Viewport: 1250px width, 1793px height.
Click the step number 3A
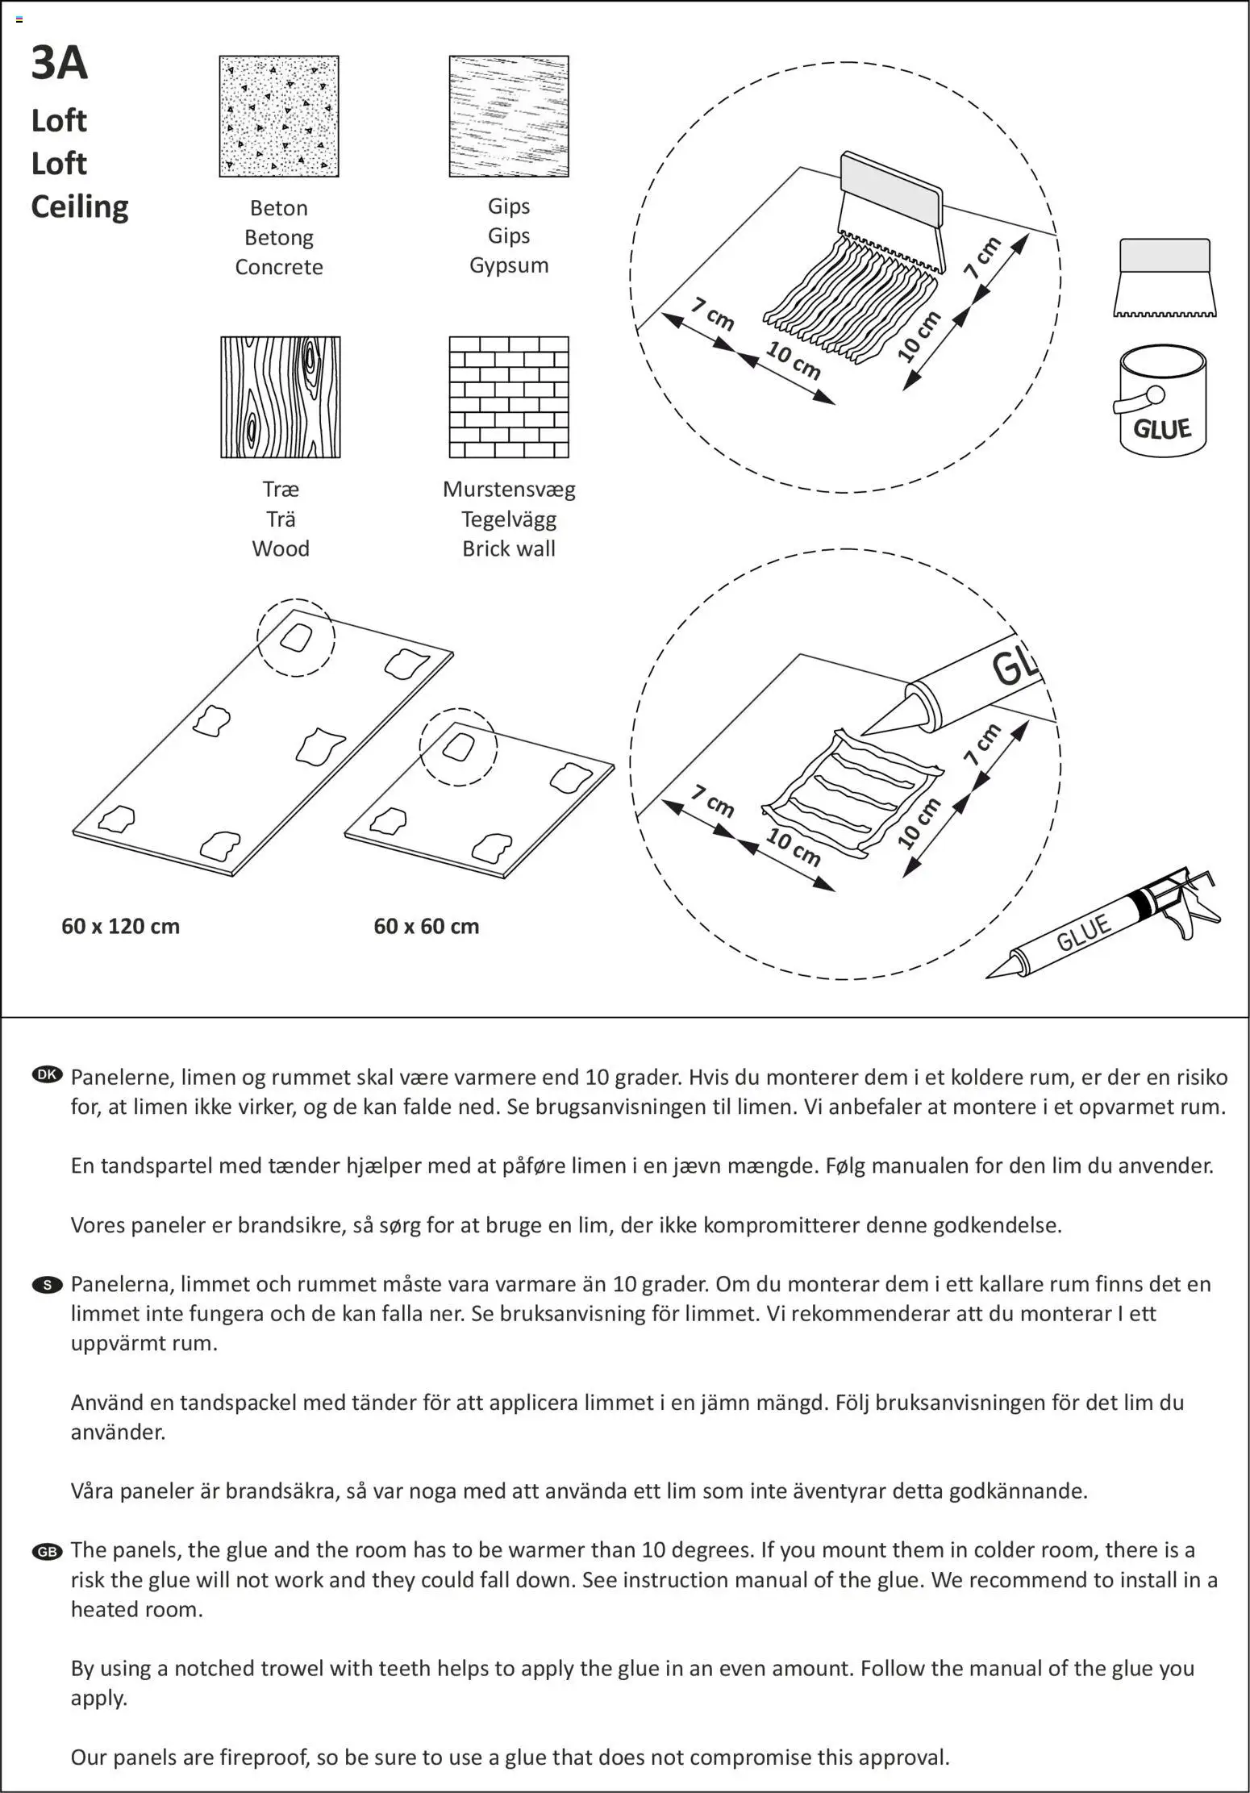[59, 63]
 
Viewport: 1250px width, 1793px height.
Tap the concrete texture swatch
[279, 116]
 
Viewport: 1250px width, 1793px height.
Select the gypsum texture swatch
[509, 116]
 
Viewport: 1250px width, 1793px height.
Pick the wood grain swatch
[281, 397]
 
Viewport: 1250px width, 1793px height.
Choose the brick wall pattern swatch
[509, 397]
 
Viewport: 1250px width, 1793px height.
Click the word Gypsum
[509, 265]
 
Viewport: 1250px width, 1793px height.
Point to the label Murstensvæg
[509, 489]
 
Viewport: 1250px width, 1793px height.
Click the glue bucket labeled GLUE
[1162, 403]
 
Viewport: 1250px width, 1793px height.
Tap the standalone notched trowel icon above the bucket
[1165, 277]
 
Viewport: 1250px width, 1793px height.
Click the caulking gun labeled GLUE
[1105, 928]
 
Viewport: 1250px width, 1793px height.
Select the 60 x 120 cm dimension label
[120, 926]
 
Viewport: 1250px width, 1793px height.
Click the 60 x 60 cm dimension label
[426, 926]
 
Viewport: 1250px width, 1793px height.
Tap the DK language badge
[47, 1074]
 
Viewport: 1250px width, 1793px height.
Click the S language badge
[47, 1284]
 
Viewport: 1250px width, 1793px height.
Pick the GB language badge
[47, 1552]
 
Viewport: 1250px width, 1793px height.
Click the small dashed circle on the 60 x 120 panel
[296, 637]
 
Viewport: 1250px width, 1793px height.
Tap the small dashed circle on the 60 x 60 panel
[459, 747]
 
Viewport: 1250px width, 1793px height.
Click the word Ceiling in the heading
[79, 206]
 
